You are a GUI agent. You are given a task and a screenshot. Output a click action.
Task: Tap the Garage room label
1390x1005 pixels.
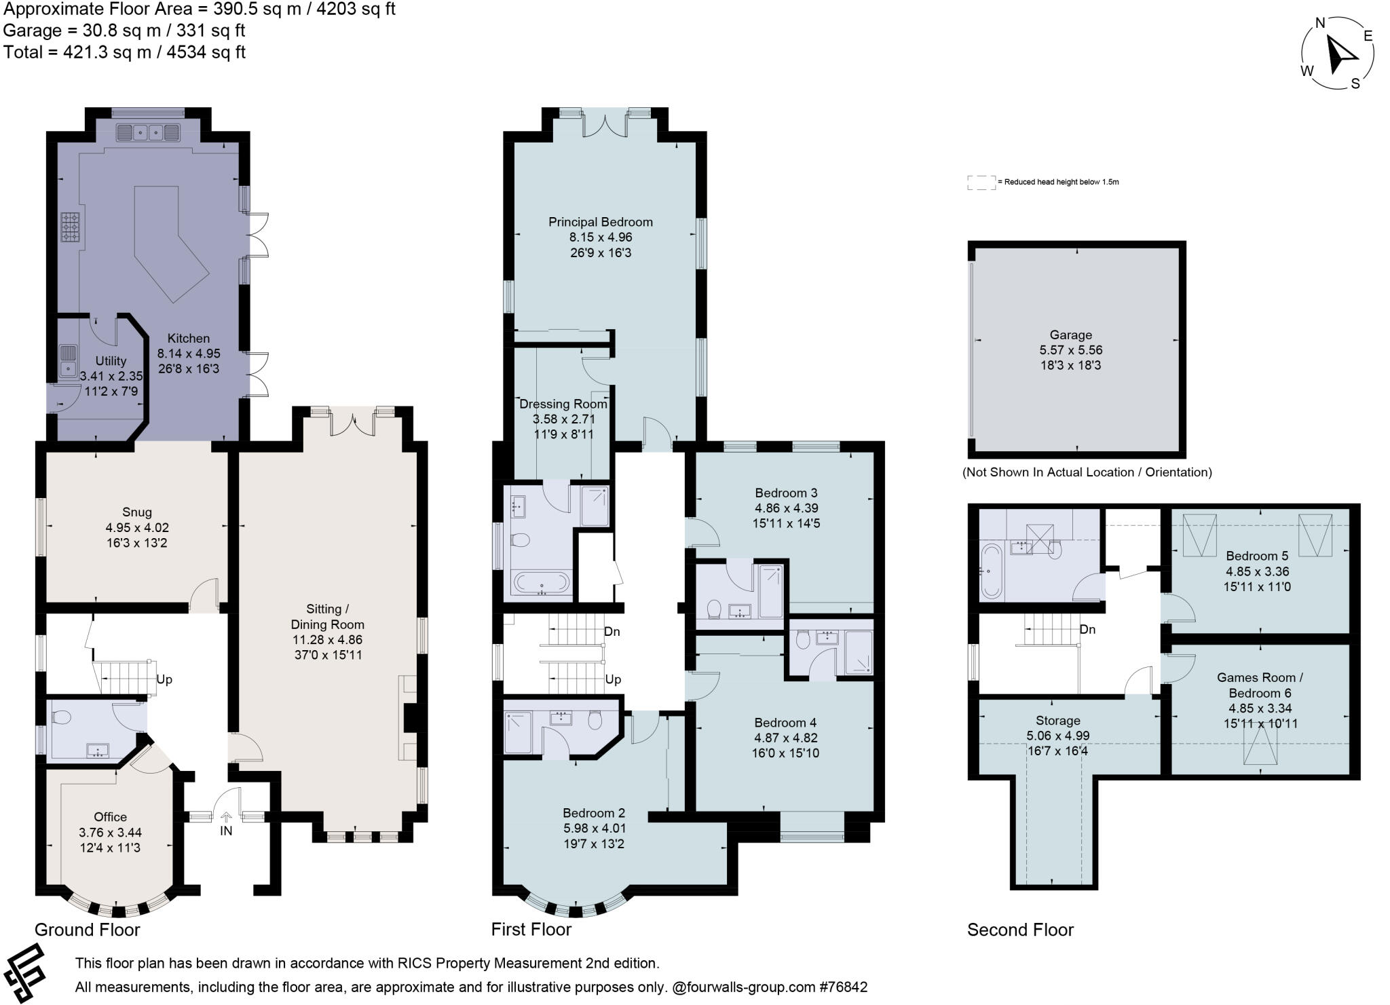pos(1070,335)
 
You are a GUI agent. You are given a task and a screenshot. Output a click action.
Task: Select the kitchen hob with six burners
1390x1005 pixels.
pos(70,227)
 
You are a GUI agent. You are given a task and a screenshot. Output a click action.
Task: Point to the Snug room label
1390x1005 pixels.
pos(137,512)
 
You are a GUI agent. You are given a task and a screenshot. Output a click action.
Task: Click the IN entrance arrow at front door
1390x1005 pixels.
pos(226,824)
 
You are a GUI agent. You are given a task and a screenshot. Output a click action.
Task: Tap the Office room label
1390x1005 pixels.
pos(110,817)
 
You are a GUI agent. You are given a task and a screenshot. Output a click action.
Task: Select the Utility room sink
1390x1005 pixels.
pos(67,360)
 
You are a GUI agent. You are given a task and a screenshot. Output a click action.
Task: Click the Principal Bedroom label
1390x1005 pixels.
pos(600,222)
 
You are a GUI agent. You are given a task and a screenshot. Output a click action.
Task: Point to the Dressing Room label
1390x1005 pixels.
pos(563,404)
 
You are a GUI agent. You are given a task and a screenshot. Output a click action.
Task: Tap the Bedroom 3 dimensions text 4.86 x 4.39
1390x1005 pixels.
pos(786,508)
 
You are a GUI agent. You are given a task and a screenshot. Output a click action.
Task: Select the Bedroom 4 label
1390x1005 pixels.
pos(786,723)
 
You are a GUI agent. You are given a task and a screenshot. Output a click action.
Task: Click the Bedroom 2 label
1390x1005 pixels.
pos(593,813)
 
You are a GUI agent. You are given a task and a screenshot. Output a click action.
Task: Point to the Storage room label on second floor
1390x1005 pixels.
pos(1057,721)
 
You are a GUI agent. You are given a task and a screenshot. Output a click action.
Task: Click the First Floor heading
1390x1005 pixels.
pos(531,930)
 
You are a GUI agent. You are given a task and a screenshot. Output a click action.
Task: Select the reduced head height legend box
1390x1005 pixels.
pos(980,182)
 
